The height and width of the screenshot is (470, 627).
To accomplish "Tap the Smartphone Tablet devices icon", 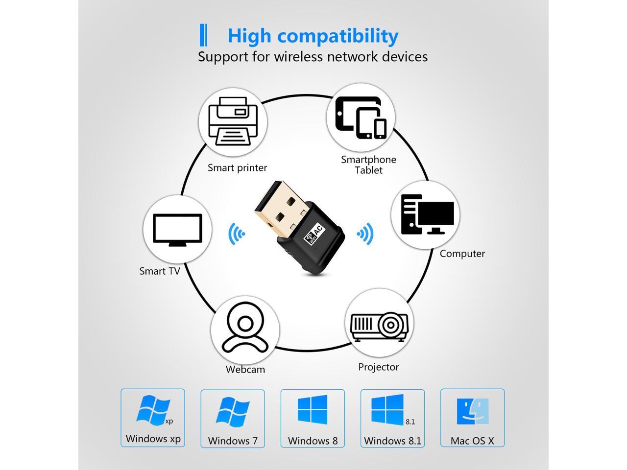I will click(x=361, y=117).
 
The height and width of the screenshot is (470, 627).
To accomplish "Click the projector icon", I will click(x=379, y=324).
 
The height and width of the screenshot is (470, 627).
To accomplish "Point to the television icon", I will click(x=177, y=229).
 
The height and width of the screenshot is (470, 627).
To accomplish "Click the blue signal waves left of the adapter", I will click(x=237, y=234).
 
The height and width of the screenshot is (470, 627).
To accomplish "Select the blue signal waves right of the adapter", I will click(x=365, y=234).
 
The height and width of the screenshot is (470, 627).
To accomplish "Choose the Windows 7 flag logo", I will click(x=232, y=411).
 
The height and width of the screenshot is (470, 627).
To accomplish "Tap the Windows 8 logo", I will click(x=313, y=409).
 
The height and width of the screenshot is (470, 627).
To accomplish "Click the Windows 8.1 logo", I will click(x=387, y=409).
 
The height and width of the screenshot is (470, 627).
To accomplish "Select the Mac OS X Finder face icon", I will click(x=473, y=411).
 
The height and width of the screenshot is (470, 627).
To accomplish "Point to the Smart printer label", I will click(x=237, y=168).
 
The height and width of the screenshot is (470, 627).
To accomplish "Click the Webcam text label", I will click(x=245, y=370).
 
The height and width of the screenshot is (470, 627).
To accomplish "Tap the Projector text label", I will click(x=378, y=367).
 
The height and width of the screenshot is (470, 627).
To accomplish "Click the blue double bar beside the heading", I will click(x=204, y=35).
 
